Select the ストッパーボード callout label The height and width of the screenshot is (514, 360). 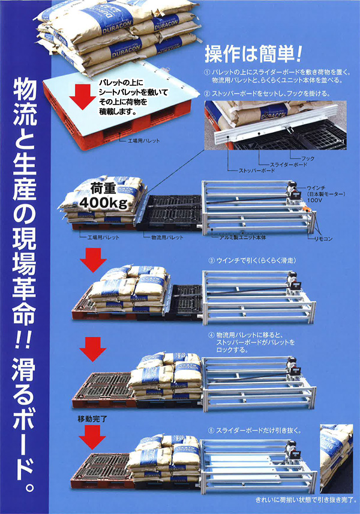point(257,171)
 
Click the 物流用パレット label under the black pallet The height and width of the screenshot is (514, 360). point(164,237)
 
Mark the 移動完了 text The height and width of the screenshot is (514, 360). point(92,417)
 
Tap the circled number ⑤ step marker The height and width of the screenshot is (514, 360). point(211,430)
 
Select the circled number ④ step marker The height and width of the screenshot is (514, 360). point(211,334)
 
